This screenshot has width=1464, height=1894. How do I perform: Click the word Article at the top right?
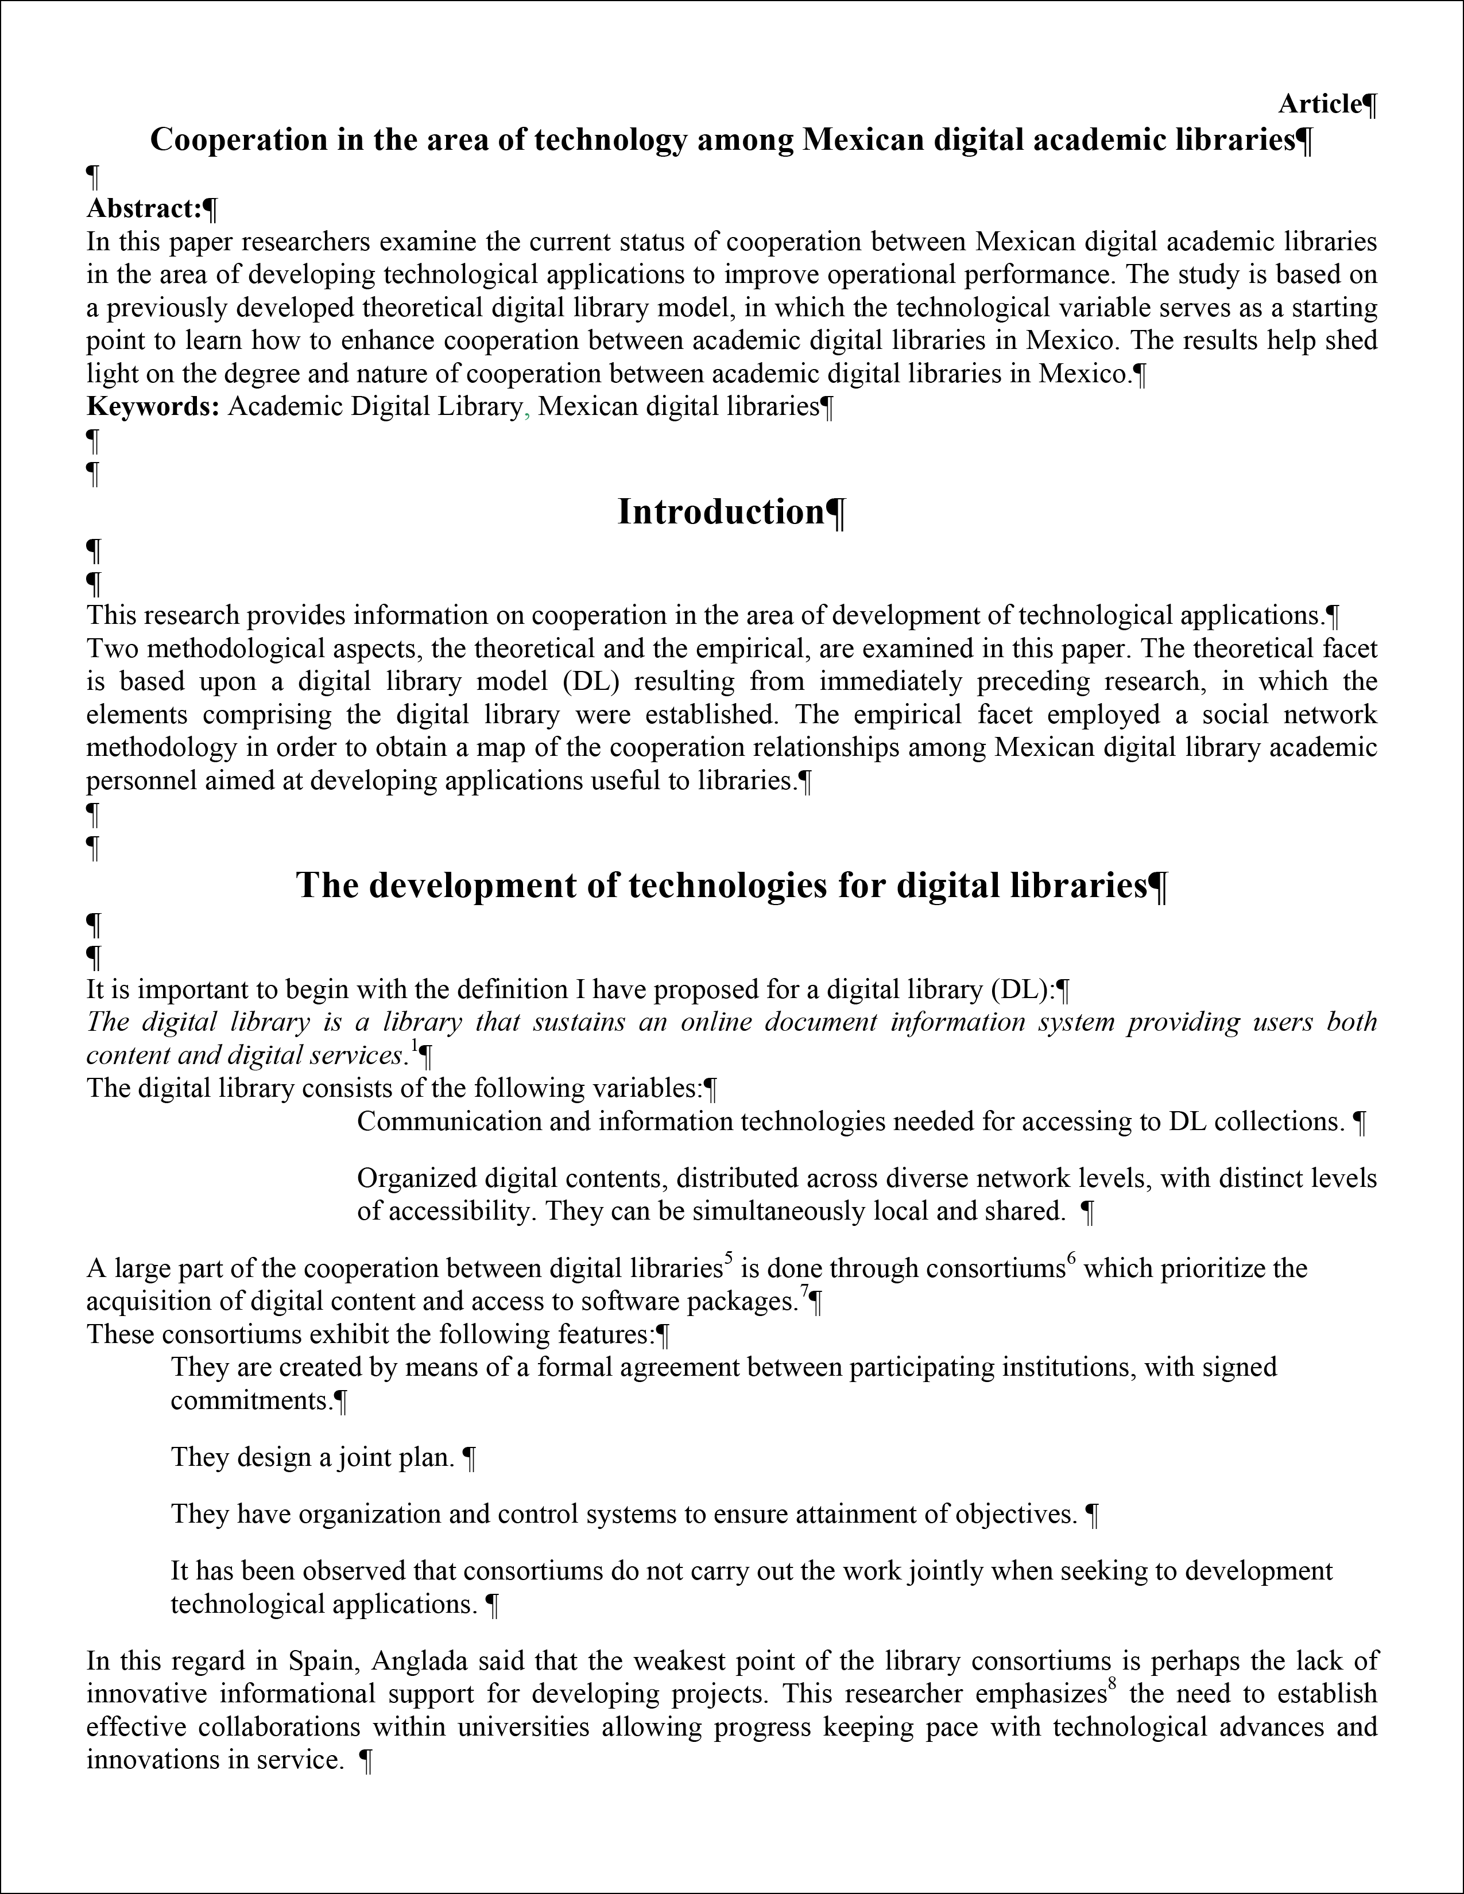click(x=1318, y=104)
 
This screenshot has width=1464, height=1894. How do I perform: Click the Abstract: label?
click(x=144, y=208)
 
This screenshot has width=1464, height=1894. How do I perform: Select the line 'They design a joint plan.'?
click(x=312, y=1457)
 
